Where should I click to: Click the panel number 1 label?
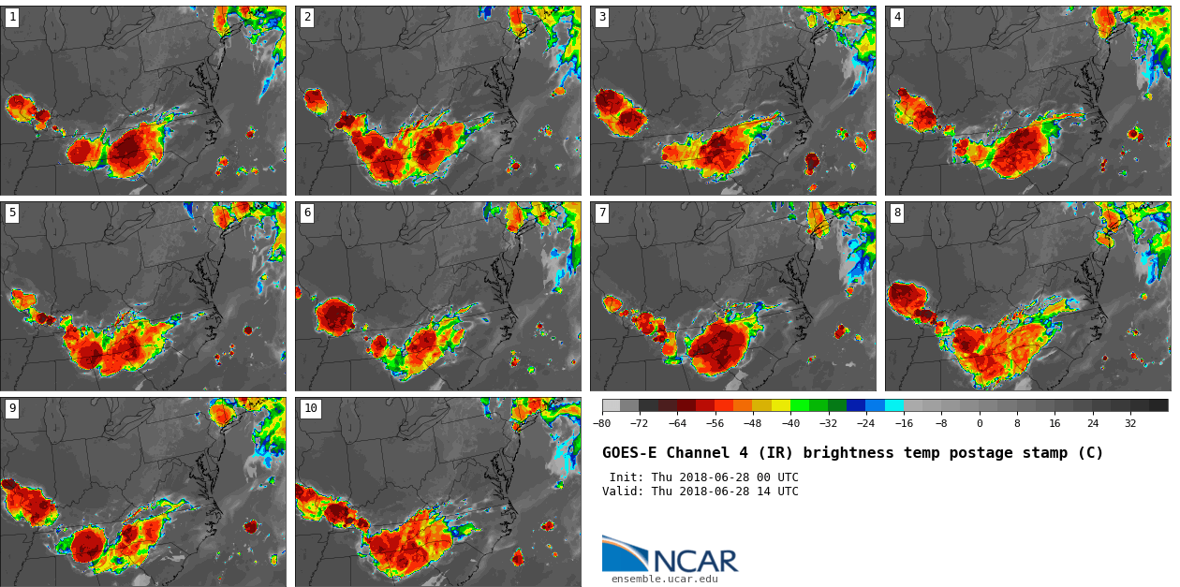(x=12, y=17)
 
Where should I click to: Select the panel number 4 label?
(x=897, y=17)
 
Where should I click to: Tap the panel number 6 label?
(x=307, y=213)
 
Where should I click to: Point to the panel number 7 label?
(x=602, y=213)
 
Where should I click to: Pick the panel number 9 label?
(x=12, y=408)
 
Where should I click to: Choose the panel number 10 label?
(x=310, y=408)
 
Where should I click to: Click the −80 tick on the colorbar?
(x=602, y=423)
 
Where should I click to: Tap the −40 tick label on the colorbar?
(x=790, y=423)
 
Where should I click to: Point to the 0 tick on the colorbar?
(x=980, y=423)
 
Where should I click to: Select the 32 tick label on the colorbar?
(x=1130, y=423)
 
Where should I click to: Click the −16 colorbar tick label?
(x=904, y=423)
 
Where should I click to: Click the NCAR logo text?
(x=695, y=561)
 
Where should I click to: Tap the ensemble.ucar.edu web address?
(x=664, y=580)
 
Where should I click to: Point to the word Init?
(x=626, y=477)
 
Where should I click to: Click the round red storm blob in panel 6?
(x=335, y=316)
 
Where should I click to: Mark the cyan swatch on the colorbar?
(x=894, y=405)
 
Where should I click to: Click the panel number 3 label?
(x=602, y=17)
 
